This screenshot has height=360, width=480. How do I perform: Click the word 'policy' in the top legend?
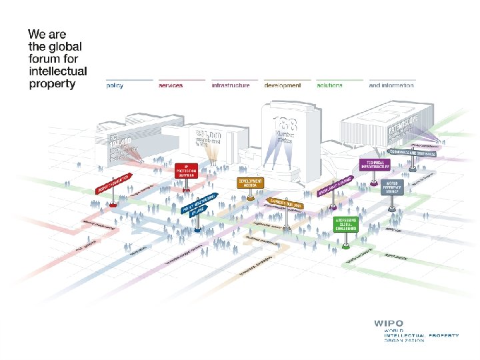click(x=115, y=85)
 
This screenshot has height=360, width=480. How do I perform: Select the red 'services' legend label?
click(x=171, y=85)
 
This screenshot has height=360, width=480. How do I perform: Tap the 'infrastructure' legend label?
click(x=230, y=85)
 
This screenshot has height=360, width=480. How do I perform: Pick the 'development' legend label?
click(x=283, y=85)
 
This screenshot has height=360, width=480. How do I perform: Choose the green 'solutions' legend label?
click(x=330, y=85)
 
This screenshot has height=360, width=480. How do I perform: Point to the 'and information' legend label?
click(x=391, y=85)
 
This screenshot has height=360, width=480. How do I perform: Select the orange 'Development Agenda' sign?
click(x=250, y=182)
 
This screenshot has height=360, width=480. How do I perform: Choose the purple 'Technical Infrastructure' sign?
click(x=374, y=164)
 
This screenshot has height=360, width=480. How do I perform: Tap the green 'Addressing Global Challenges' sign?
click(x=346, y=224)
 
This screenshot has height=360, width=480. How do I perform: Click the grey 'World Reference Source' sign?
click(x=391, y=187)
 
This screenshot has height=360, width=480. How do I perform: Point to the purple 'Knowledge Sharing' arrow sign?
click(x=335, y=188)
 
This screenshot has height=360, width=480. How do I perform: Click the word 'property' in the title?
click(x=53, y=84)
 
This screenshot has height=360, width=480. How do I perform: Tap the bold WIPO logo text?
click(x=388, y=323)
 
